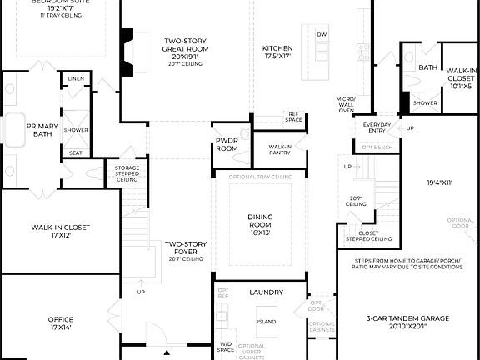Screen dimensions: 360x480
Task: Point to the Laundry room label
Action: point(267,292)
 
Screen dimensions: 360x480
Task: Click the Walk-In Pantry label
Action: point(280,150)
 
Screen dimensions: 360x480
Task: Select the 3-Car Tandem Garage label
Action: point(408,322)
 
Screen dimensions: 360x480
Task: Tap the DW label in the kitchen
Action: point(322,34)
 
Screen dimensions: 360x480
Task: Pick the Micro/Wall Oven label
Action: point(346,105)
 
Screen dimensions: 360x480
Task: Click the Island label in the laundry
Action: point(267,321)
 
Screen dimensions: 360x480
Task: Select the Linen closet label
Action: point(77,78)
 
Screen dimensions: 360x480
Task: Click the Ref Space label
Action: point(293,117)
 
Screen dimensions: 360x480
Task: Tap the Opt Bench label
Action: point(377,147)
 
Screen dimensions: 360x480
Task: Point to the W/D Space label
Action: point(226,347)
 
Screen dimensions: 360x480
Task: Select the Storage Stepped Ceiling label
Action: point(127,173)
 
